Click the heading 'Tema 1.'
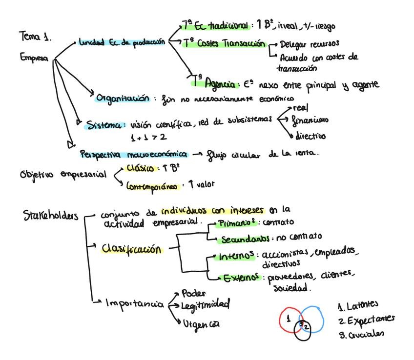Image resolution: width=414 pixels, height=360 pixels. (x=35, y=37)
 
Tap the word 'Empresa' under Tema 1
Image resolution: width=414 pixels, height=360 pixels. (x=34, y=58)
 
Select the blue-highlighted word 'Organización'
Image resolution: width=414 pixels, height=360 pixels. (x=123, y=98)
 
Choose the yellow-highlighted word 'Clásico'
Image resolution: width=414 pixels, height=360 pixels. (x=140, y=168)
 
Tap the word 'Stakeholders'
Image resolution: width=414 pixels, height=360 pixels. (x=50, y=215)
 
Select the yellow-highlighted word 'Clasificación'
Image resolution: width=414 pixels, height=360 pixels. (x=131, y=249)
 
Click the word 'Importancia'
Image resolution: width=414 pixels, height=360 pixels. (x=135, y=304)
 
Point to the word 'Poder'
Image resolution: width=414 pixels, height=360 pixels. (x=193, y=294)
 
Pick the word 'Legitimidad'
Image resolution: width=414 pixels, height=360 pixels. (x=205, y=305)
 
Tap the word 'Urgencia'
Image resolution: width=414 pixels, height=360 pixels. (x=201, y=323)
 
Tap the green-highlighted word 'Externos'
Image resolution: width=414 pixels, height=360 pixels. (x=240, y=278)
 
